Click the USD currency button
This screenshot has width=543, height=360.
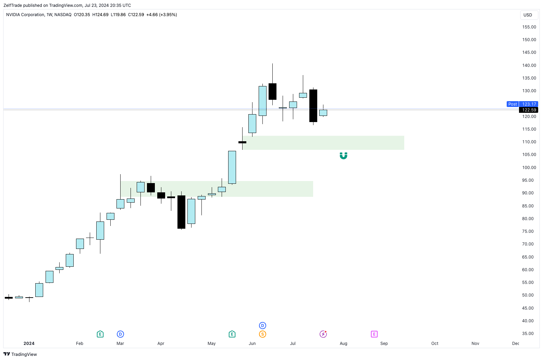528,15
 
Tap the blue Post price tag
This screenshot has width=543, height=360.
513,104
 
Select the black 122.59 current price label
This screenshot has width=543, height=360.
529,110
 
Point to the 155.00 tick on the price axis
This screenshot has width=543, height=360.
529,27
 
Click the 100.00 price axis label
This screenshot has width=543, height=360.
529,168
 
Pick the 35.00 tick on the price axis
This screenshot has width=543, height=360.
528,334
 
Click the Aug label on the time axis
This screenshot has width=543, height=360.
343,344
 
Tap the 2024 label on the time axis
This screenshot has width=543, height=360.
29,344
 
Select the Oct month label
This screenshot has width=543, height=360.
435,344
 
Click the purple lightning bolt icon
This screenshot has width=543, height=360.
323,334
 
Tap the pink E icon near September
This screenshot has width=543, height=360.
374,334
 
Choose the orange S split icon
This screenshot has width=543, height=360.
262,334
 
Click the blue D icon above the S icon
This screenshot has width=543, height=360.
262,325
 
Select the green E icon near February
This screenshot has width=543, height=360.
100,334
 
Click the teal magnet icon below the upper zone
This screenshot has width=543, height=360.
343,156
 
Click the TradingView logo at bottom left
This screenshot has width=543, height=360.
20,354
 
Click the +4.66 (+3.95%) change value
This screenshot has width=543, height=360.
161,15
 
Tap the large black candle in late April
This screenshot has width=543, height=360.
181,212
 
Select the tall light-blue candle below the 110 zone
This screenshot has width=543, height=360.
232,167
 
